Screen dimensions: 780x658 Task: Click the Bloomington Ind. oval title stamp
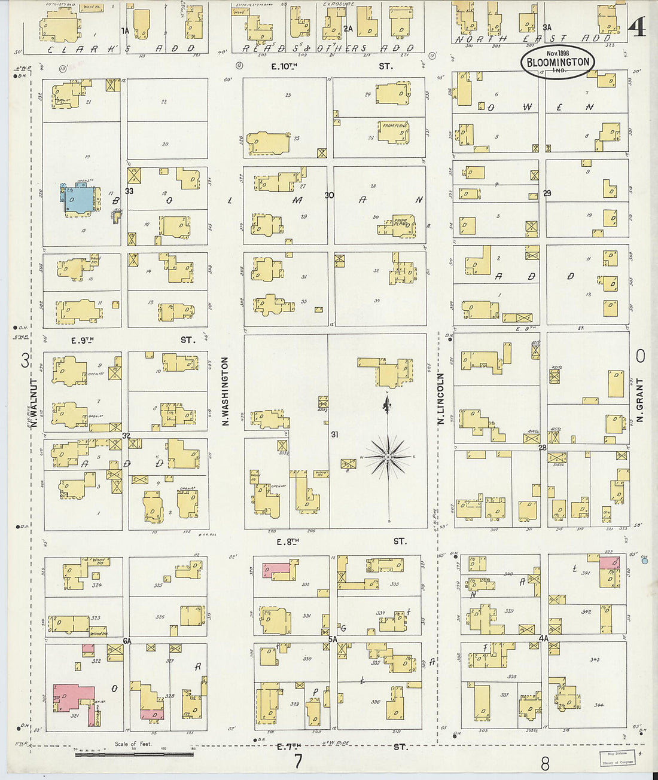(x=558, y=62)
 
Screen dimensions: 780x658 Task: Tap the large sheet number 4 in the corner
(x=638, y=26)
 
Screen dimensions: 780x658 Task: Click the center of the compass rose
(x=388, y=457)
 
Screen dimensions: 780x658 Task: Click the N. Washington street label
(x=226, y=391)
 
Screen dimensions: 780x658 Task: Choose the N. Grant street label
(x=639, y=400)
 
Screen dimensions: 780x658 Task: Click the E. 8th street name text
(x=287, y=542)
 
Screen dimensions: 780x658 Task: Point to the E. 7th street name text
(x=289, y=746)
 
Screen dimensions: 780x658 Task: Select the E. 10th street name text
(x=284, y=66)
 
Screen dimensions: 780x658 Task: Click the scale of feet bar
(x=135, y=755)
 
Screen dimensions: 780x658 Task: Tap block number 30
(x=329, y=195)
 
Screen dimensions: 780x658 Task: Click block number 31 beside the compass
(x=334, y=435)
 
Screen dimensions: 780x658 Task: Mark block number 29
(x=547, y=193)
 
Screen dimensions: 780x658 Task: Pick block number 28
(x=543, y=448)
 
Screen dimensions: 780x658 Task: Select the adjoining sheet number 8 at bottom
(x=544, y=763)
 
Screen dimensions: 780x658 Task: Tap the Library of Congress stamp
(x=618, y=758)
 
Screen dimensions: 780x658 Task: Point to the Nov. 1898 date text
(x=558, y=53)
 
